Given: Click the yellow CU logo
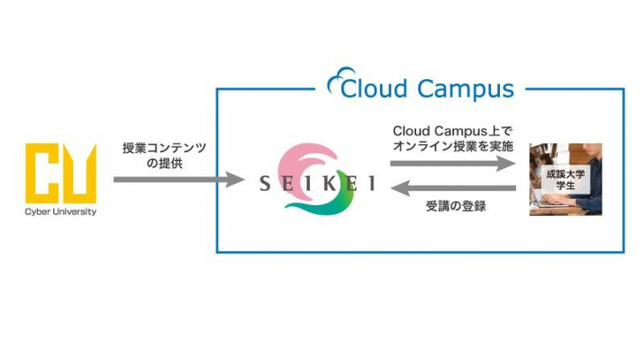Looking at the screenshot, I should [x=59, y=175].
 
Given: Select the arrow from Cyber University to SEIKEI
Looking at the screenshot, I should [x=179, y=180].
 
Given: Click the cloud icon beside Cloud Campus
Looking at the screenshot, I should [x=345, y=87].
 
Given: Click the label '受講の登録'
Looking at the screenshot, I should [x=454, y=208].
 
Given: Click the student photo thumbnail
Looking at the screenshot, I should [x=565, y=177].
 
